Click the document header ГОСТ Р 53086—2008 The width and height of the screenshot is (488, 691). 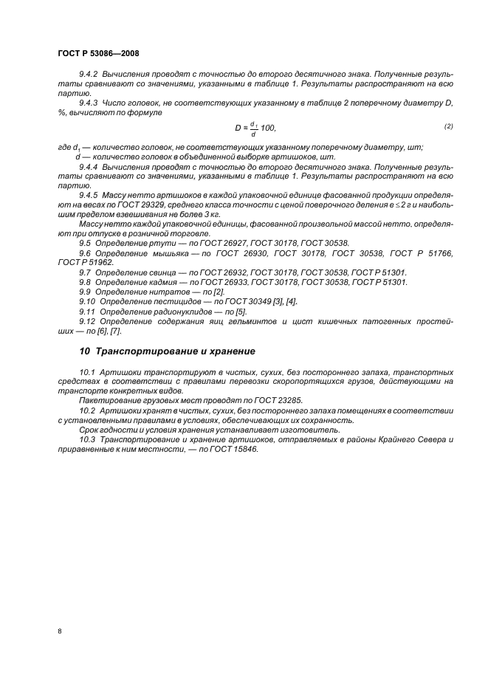click(98, 54)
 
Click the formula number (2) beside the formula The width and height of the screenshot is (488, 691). click(448, 127)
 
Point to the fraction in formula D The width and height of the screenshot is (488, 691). click(254, 128)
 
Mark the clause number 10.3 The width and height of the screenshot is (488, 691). click(87, 439)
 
